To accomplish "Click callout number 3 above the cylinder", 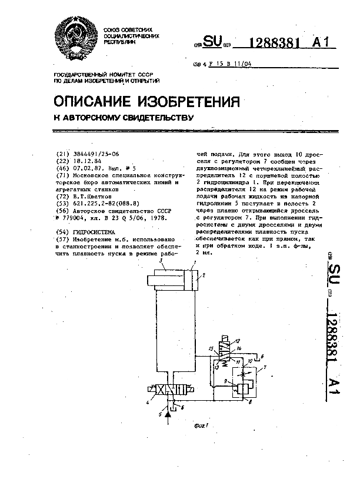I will tap(154, 268).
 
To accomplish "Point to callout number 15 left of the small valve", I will tap(211, 350).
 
